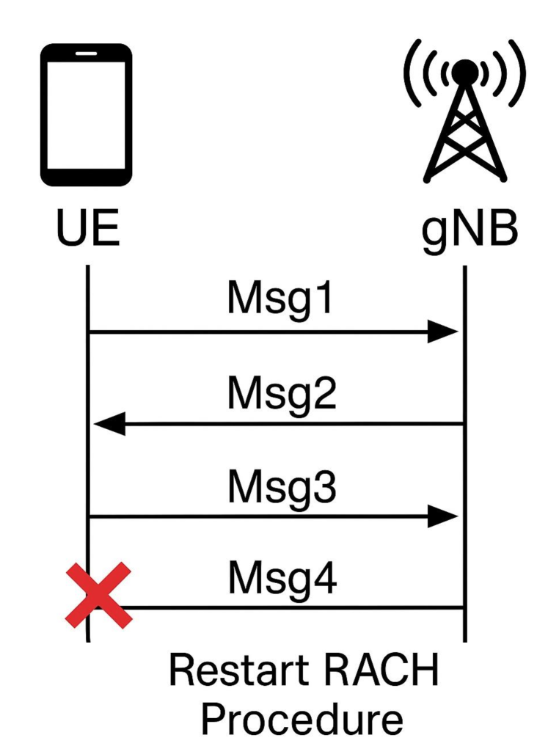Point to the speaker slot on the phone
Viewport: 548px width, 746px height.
tap(87, 54)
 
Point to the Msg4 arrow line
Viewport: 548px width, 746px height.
tap(293, 607)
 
